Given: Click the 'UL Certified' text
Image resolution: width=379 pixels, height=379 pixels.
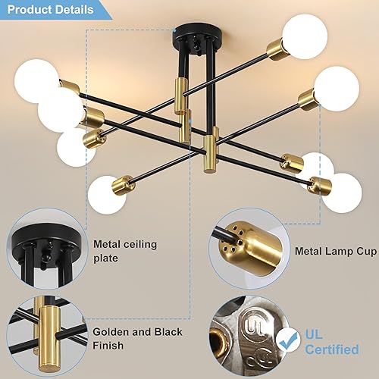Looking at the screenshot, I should (x=332, y=340).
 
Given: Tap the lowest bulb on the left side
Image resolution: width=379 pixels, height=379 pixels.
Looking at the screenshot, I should (x=106, y=195).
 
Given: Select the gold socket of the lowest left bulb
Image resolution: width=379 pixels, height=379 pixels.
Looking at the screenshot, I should (x=123, y=183).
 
